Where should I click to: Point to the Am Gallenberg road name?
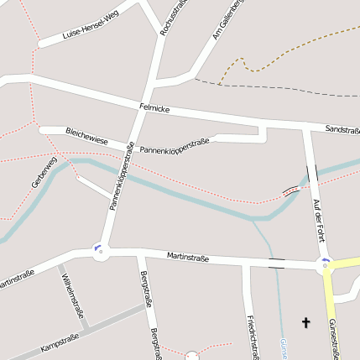(x=227, y=20)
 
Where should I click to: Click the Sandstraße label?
(x=342, y=130)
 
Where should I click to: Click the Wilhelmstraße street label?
(x=75, y=296)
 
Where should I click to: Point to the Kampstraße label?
(x=59, y=342)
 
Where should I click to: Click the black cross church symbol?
(x=305, y=322)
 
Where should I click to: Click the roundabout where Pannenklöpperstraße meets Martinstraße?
(x=101, y=250)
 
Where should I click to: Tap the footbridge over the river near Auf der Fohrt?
(x=291, y=190)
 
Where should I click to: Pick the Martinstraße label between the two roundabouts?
(x=187, y=256)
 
